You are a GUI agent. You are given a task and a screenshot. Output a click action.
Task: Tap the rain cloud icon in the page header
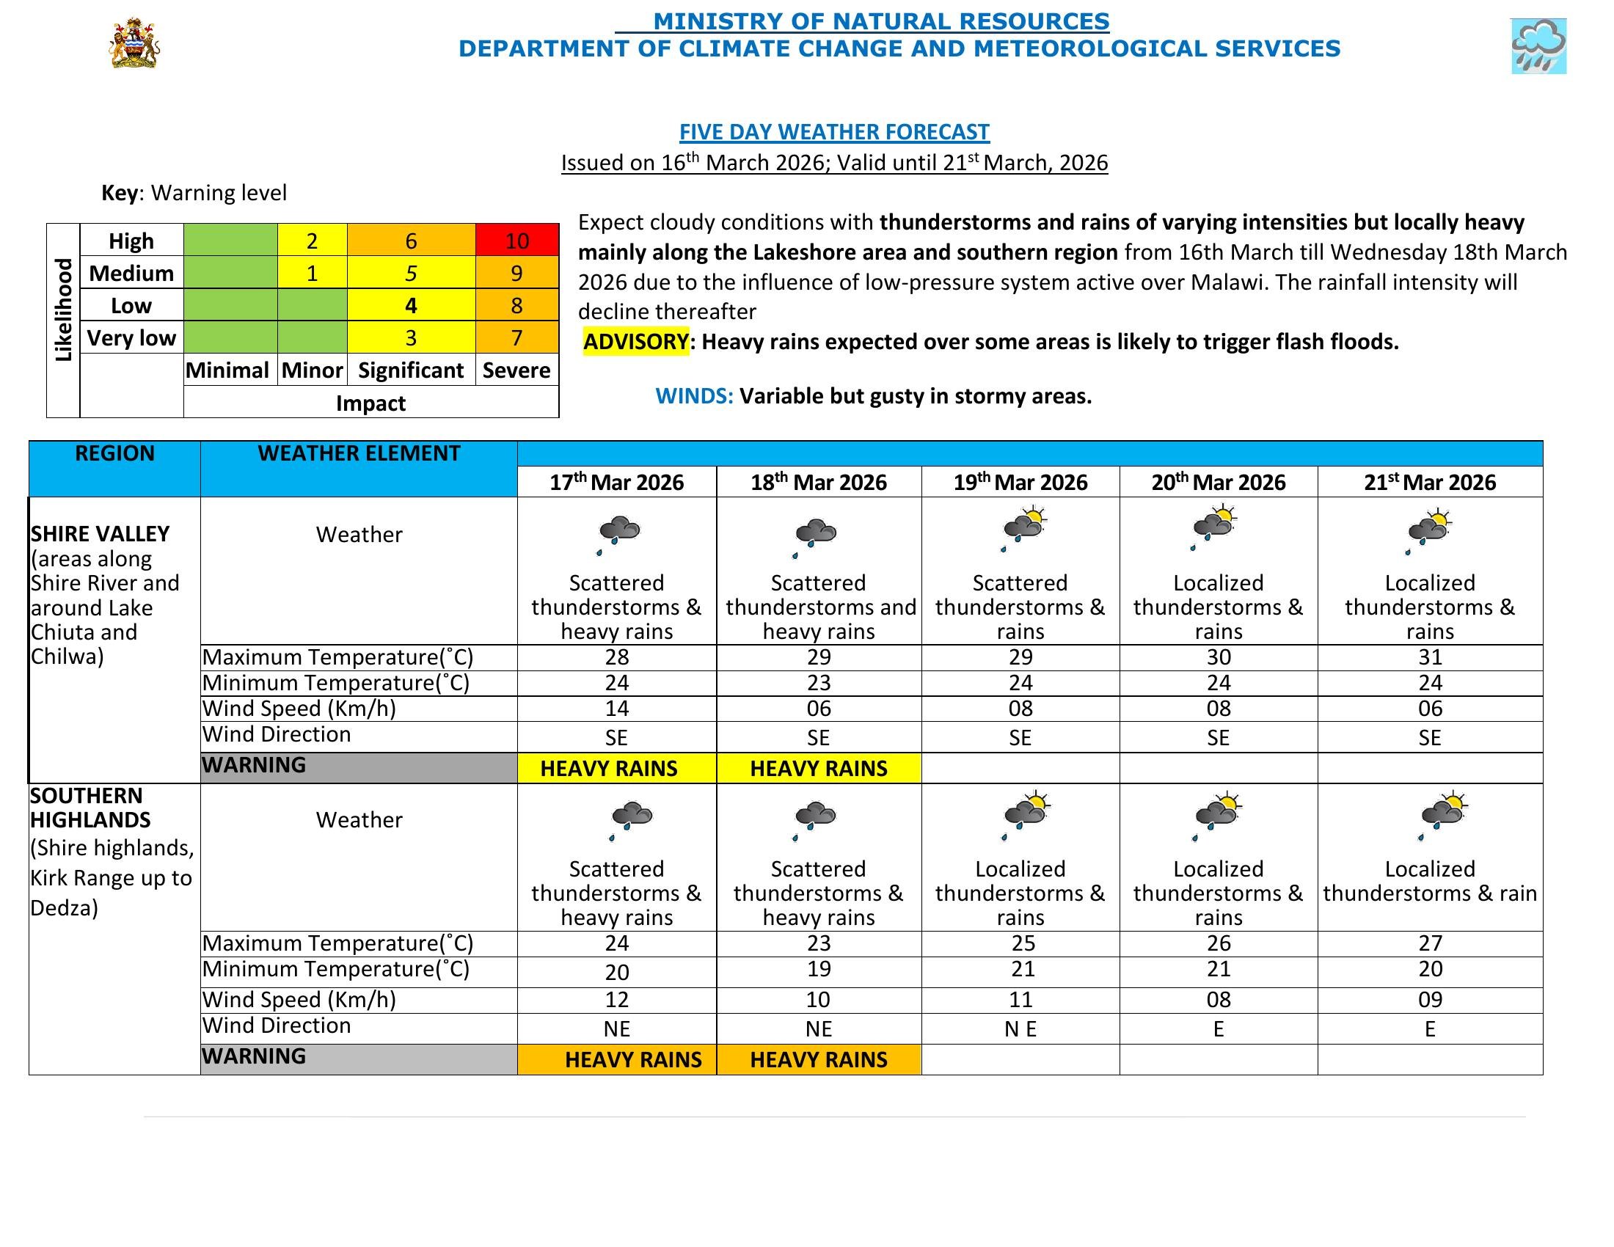(x=1538, y=46)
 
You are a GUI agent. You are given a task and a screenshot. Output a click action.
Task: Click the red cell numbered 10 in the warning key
(x=516, y=241)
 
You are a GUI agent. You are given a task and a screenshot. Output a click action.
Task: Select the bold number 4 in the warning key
(x=411, y=306)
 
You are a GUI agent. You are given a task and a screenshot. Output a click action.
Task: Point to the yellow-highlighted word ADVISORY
(x=635, y=342)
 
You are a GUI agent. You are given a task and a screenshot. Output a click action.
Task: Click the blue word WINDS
(x=694, y=397)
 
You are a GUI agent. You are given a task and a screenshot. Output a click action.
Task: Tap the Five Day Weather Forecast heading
(x=833, y=132)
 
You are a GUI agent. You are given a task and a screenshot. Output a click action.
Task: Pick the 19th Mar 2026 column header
(x=1020, y=483)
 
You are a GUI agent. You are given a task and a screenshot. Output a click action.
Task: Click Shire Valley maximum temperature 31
(x=1429, y=657)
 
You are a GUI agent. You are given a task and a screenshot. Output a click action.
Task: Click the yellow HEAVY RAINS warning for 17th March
(x=609, y=768)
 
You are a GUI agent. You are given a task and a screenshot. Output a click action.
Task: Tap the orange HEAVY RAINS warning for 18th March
(x=818, y=1060)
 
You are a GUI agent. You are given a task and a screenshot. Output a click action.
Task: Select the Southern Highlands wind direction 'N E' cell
(x=1020, y=1029)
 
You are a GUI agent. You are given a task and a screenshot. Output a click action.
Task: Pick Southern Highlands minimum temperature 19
(x=818, y=969)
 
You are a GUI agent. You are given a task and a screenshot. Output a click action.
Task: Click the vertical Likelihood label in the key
(x=64, y=310)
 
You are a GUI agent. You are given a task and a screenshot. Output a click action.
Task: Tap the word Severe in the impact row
(x=516, y=370)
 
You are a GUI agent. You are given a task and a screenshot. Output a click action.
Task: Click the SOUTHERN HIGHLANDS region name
(x=90, y=808)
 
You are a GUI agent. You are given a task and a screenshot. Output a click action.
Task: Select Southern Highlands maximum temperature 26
(x=1218, y=943)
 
